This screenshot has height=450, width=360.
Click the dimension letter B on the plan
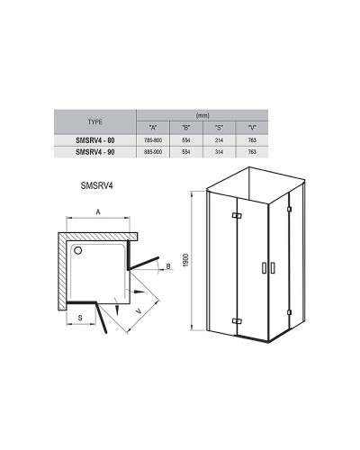pyautogui.click(x=168, y=266)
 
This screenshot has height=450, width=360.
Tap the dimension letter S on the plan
pyautogui.click(x=80, y=318)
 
